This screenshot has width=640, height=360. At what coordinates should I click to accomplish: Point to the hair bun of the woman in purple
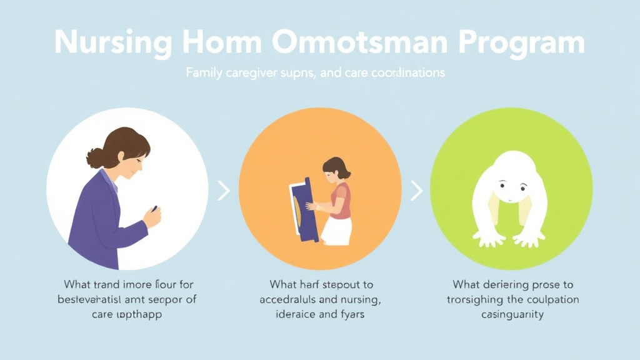pos(94,159)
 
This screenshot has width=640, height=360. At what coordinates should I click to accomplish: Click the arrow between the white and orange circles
pos(224,192)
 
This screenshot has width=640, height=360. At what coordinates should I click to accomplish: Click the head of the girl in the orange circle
pos(336,168)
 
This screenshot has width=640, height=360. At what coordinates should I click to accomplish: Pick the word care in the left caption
pos(104,314)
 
